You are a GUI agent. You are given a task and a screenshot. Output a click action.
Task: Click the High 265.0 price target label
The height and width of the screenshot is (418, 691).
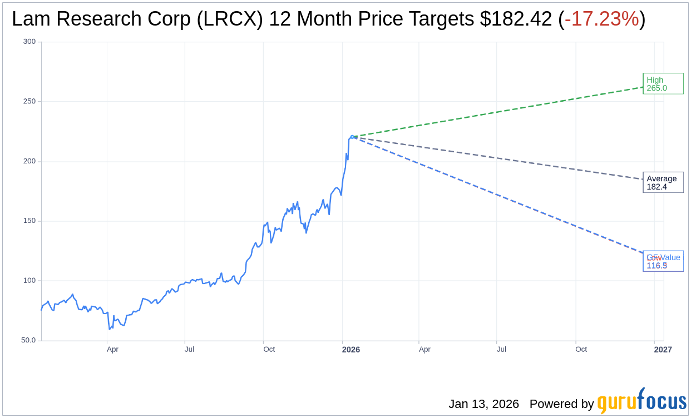(663, 83)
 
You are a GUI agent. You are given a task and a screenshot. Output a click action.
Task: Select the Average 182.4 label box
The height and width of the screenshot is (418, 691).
(663, 182)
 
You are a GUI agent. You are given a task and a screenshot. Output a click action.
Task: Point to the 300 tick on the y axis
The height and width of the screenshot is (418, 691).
(29, 42)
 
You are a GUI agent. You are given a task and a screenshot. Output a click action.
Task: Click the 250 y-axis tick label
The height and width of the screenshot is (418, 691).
(29, 101)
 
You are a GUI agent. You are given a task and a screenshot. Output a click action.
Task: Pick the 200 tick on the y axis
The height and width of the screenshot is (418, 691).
(29, 161)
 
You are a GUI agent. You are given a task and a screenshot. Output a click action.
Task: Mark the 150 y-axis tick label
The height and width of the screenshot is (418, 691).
(29, 221)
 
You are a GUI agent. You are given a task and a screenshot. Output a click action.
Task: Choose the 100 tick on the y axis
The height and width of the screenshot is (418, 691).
(29, 281)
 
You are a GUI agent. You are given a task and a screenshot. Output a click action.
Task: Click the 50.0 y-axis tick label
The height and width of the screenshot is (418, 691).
(28, 340)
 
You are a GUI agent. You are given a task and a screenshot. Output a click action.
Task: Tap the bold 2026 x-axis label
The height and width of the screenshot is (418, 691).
(351, 350)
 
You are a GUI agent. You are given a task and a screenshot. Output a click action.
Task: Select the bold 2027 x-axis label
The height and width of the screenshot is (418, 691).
(663, 350)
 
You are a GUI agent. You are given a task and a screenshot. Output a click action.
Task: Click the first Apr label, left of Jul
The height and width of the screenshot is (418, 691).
(112, 350)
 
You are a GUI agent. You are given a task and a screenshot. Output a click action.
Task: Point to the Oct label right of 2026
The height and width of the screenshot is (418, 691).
(581, 350)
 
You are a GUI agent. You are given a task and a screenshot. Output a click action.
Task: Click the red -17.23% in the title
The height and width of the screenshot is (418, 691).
(601, 19)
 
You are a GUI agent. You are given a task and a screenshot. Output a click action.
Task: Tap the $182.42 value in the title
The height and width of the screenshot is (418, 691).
(516, 19)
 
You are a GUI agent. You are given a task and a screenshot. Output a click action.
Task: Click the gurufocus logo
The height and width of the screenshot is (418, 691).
(641, 401)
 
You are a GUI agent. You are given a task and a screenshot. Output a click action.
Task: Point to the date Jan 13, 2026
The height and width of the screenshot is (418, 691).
(483, 404)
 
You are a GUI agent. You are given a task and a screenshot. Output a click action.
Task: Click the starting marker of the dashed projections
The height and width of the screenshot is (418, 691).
(352, 137)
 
